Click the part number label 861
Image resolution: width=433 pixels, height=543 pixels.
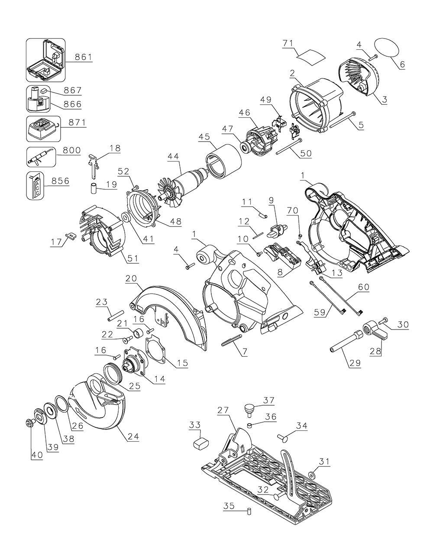(84, 57)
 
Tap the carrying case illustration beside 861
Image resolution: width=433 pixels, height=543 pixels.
(45, 60)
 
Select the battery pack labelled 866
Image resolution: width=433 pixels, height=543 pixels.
(38, 99)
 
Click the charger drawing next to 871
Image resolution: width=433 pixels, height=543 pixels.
(43, 129)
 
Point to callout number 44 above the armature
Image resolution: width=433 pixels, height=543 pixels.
(173, 157)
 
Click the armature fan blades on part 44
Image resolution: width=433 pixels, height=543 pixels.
(167, 199)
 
